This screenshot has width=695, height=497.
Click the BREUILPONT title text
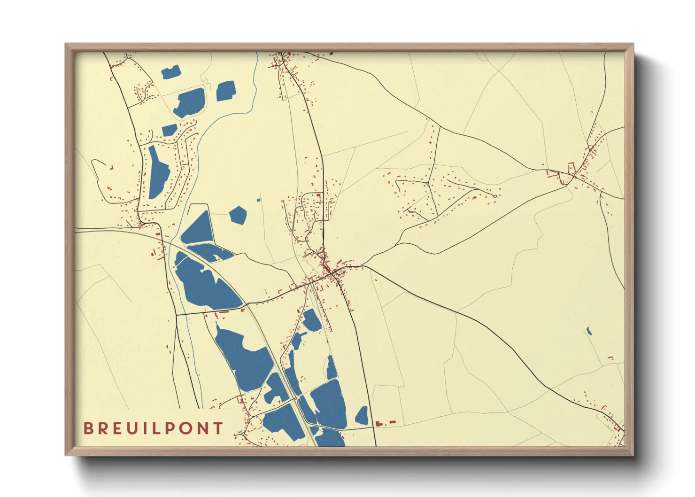153,428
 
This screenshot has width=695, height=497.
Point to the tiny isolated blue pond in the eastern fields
588,331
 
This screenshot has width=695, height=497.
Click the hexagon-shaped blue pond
238,215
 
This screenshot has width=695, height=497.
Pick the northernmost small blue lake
171,72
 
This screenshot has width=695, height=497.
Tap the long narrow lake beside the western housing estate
158,173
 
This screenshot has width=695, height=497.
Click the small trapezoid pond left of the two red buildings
362,417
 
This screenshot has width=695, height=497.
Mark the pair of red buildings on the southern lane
385,423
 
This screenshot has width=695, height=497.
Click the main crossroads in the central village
331,271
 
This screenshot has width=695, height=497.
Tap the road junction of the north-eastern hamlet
574,176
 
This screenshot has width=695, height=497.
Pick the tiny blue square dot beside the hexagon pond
259,200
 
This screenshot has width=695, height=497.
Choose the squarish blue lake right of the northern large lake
226,91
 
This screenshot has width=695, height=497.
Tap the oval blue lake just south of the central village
311,320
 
